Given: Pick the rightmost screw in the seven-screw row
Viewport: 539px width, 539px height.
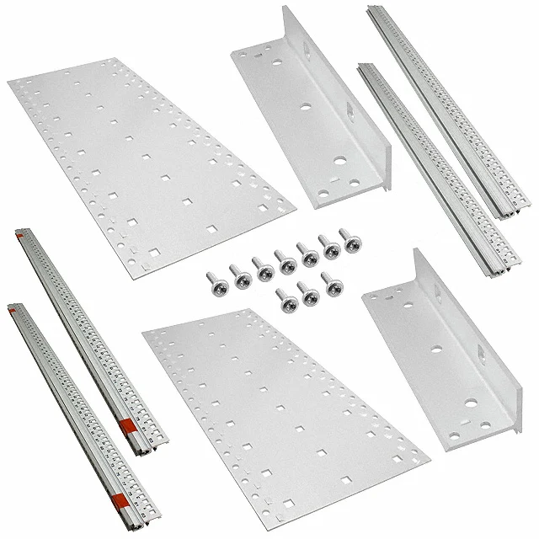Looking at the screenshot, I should pos(346,237).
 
